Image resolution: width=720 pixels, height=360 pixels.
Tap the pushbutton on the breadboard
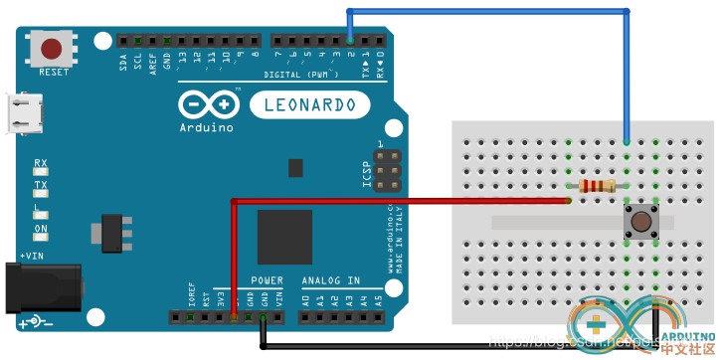(642, 220)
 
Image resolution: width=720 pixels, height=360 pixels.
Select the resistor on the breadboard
(597, 186)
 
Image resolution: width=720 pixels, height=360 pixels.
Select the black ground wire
(448, 347)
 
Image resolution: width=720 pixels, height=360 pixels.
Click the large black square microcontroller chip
(284, 237)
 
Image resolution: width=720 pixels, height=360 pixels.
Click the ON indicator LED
(41, 238)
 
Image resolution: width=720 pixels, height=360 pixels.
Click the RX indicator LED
(41, 173)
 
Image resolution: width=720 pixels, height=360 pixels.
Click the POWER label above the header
(267, 280)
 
